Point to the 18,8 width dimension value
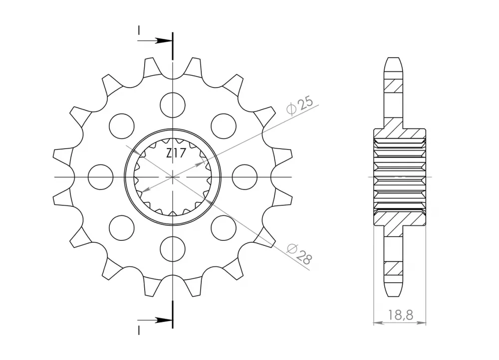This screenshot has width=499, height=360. coord(400,315)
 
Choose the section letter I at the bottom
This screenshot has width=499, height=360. coord(139,329)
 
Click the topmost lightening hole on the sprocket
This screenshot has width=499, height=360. coord(173,104)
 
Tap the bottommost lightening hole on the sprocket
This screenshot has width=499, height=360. coord(173,250)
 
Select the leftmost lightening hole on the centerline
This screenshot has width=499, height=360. coord(100,177)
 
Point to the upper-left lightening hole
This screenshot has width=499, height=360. coord(121,126)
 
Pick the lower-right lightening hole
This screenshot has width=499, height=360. coord(224,228)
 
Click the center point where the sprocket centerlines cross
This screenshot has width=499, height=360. coord(173,177)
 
